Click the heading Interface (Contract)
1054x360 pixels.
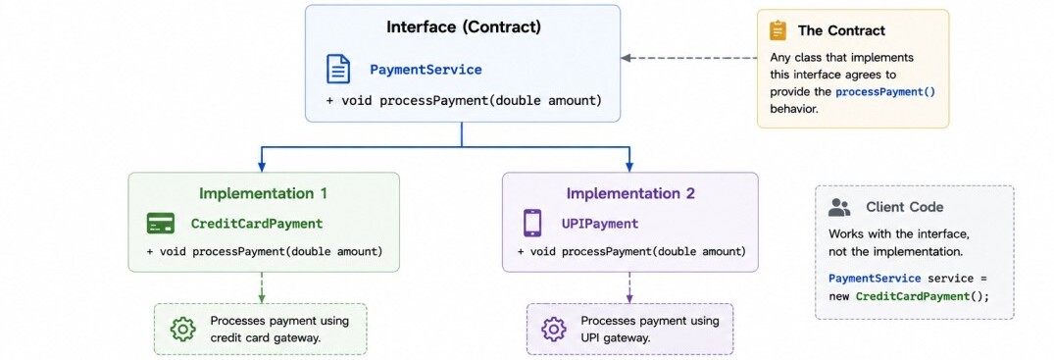point(463,27)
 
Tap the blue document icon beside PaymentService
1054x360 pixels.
point(338,70)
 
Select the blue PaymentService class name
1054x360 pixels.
point(426,70)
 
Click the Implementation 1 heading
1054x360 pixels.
point(263,194)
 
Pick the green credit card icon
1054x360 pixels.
point(161,224)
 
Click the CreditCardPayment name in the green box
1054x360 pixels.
point(257,224)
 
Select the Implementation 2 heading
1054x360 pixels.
point(629,194)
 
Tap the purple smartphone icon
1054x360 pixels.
point(532,224)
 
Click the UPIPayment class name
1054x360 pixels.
point(600,224)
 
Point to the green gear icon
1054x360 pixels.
point(182,329)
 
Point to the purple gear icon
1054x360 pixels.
point(554,329)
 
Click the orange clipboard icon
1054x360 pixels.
point(778,31)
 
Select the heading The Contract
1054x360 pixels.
point(841,31)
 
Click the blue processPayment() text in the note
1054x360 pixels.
point(885,92)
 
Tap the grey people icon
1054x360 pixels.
point(839,207)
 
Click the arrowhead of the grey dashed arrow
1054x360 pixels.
point(626,58)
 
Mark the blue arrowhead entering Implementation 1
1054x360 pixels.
point(262,167)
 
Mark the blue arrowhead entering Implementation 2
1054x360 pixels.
point(629,167)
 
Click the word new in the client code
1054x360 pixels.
point(839,296)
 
